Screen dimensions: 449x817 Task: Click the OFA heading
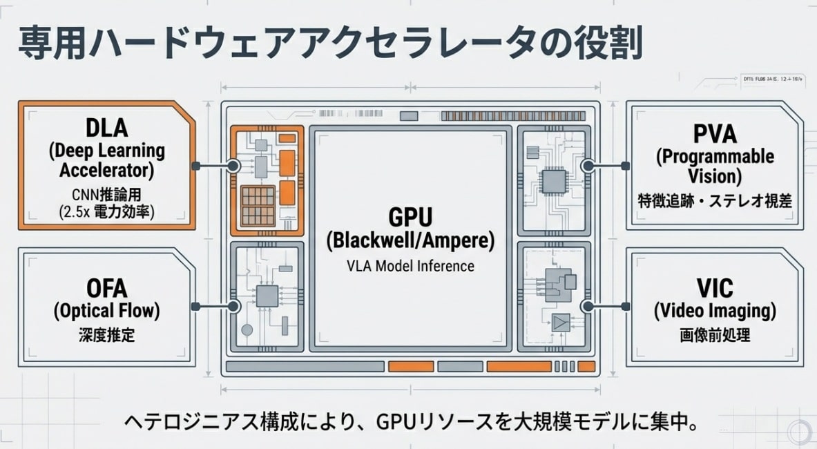point(106,288)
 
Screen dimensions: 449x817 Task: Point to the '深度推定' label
point(106,336)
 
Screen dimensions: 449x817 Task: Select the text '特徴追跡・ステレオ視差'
point(714,201)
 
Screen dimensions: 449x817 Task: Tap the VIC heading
point(714,287)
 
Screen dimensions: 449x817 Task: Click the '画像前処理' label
point(714,336)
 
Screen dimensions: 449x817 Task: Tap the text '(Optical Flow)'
point(106,311)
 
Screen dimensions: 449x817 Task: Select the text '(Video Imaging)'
point(714,311)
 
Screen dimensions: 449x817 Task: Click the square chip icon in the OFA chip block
point(267,296)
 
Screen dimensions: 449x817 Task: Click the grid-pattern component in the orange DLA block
point(257,207)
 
